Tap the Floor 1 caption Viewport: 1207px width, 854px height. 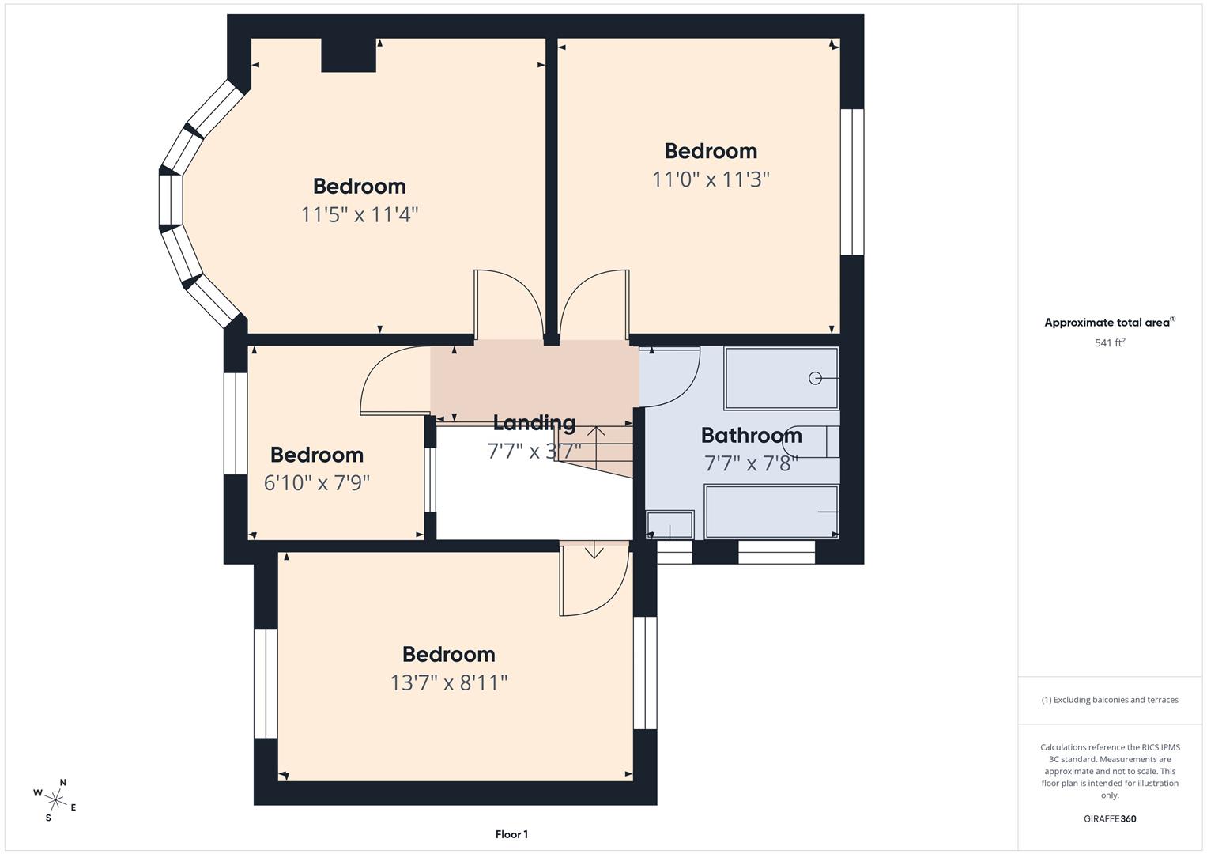point(511,834)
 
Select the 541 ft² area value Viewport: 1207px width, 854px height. point(1110,343)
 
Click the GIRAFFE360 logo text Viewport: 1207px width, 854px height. point(1110,819)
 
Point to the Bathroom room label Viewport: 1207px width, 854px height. point(751,436)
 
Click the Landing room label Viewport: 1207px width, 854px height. point(534,423)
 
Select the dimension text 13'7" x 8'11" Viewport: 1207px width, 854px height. point(449,682)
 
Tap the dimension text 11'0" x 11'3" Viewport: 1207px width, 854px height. point(711,179)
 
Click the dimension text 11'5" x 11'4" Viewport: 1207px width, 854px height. point(360,214)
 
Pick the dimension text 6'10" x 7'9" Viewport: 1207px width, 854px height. point(317,483)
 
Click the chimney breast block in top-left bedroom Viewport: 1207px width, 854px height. point(349,55)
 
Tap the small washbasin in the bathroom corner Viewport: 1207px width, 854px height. point(670,525)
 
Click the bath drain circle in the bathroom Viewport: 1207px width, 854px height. point(815,379)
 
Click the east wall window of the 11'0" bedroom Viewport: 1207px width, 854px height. point(852,182)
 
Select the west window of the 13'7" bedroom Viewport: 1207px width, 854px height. point(266,684)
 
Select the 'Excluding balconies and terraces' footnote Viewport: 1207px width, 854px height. point(1110,700)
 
